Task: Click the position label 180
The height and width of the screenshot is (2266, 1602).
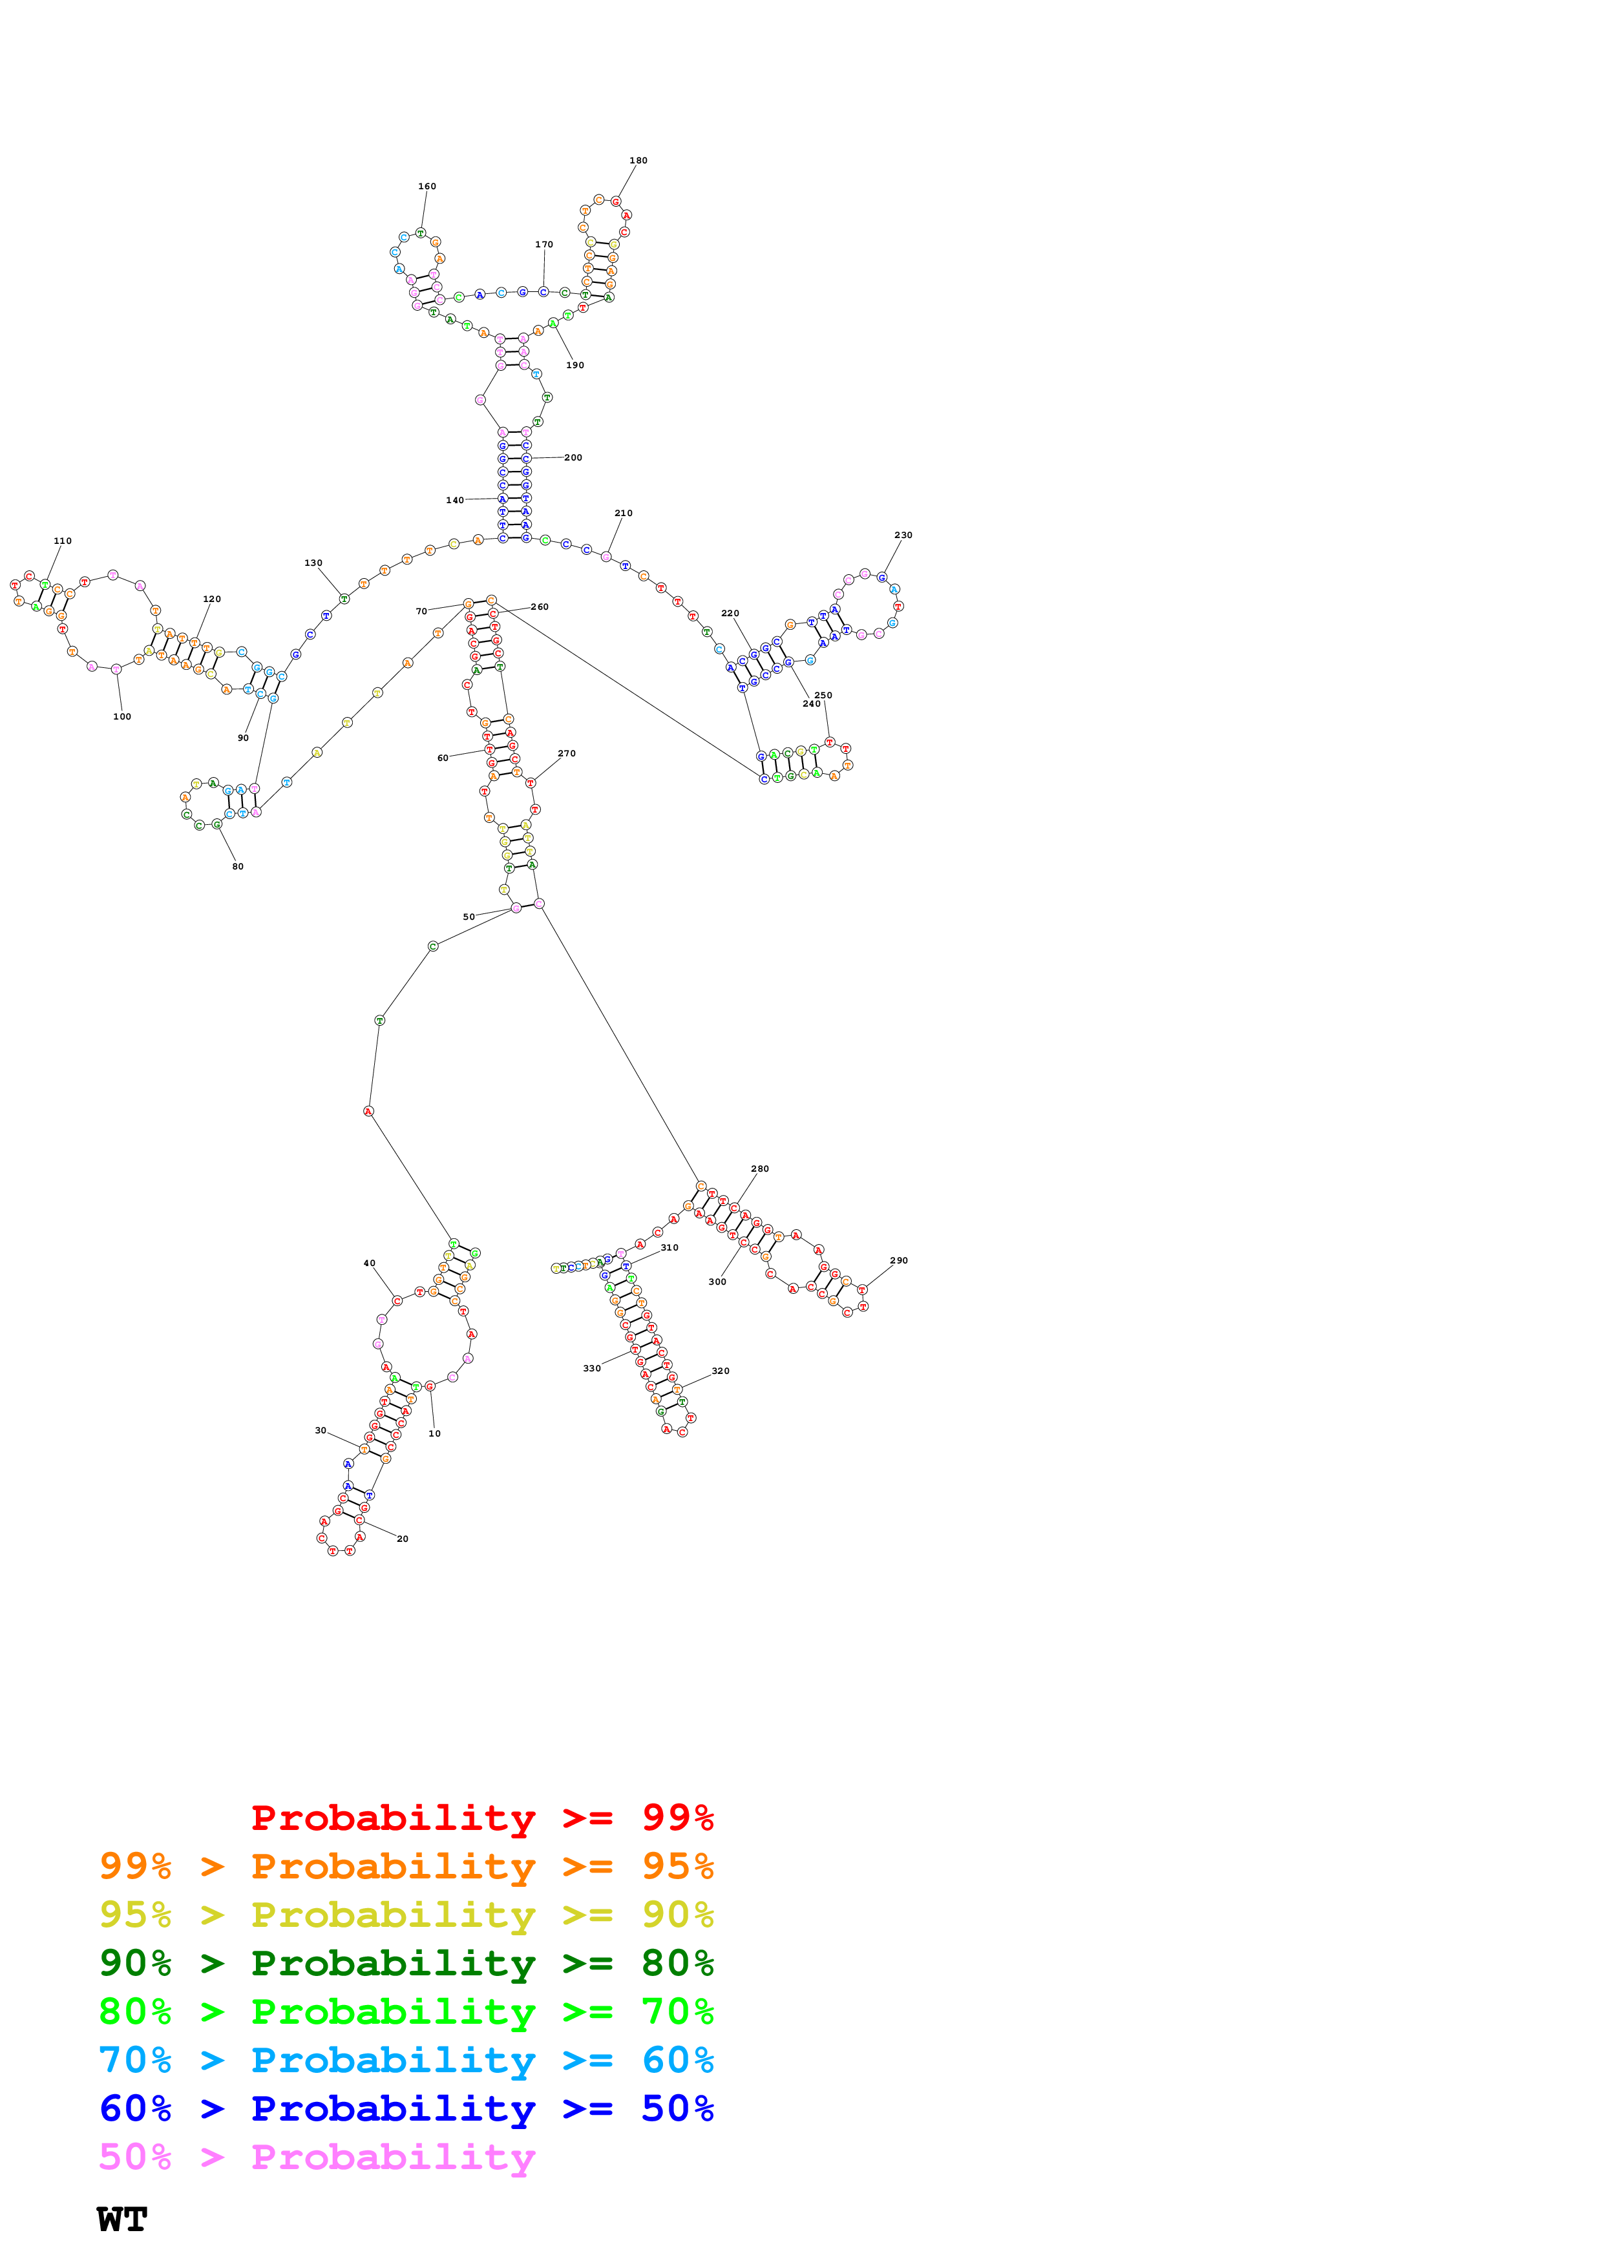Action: pos(638,160)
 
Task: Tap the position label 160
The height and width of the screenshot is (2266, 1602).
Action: pos(427,185)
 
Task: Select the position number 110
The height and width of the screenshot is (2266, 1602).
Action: pos(62,541)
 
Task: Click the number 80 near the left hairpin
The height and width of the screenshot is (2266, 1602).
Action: pos(237,866)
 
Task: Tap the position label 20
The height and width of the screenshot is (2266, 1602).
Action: pos(402,1539)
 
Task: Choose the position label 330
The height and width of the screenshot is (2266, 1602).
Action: pos(591,1368)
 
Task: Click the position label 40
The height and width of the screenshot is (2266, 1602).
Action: pos(369,1263)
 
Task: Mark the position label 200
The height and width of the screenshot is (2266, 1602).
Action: pos(573,457)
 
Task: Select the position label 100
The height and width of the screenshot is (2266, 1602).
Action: pos(121,716)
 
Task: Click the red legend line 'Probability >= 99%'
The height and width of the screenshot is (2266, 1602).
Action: pos(481,1817)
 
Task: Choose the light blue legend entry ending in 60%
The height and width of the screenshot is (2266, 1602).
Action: pos(406,2060)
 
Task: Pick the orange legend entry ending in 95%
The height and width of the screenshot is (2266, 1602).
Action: pos(406,1866)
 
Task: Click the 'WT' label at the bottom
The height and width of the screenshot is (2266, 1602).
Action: pos(121,2219)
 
